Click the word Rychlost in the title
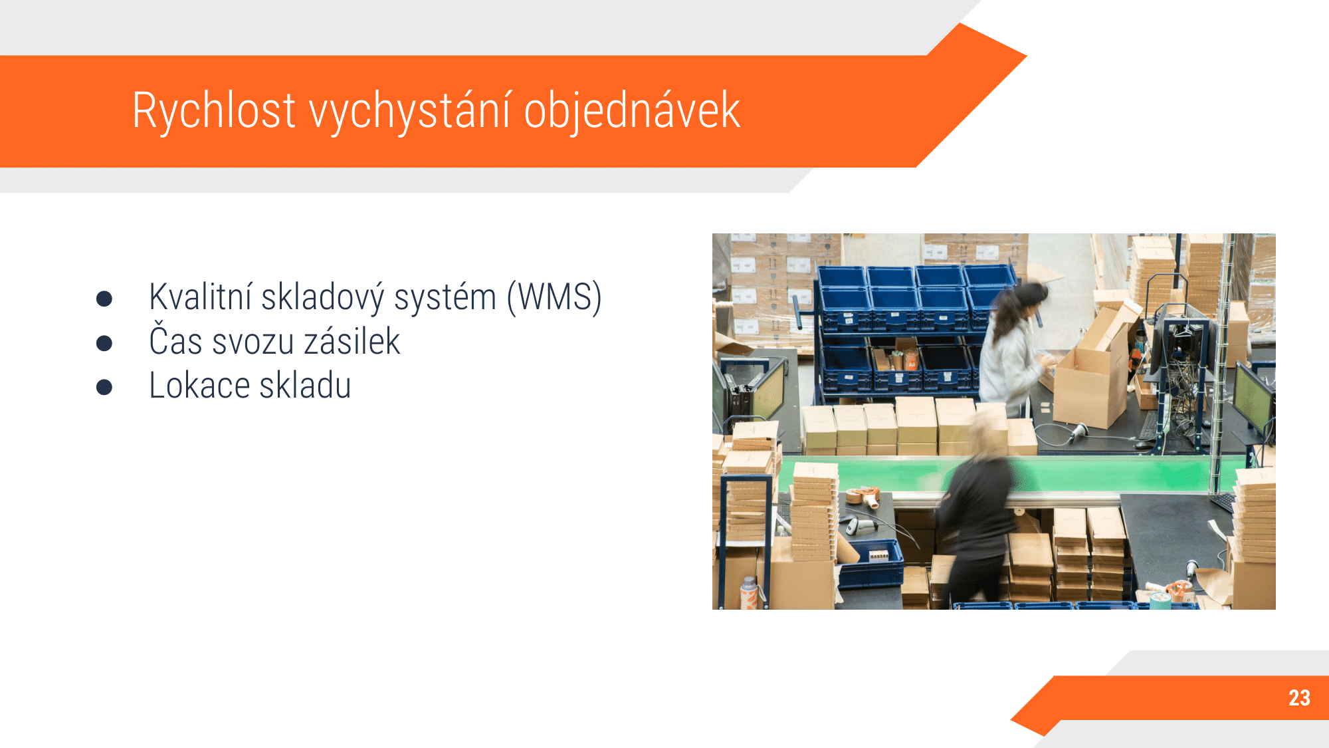(213, 110)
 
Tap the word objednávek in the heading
(632, 111)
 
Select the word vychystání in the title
(410, 111)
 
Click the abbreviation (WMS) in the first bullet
(554, 297)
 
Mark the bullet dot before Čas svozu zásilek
(104, 343)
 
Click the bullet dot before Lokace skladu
(104, 387)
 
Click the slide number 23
(1299, 698)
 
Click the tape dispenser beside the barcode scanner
(864, 496)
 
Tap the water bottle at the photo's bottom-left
(749, 593)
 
